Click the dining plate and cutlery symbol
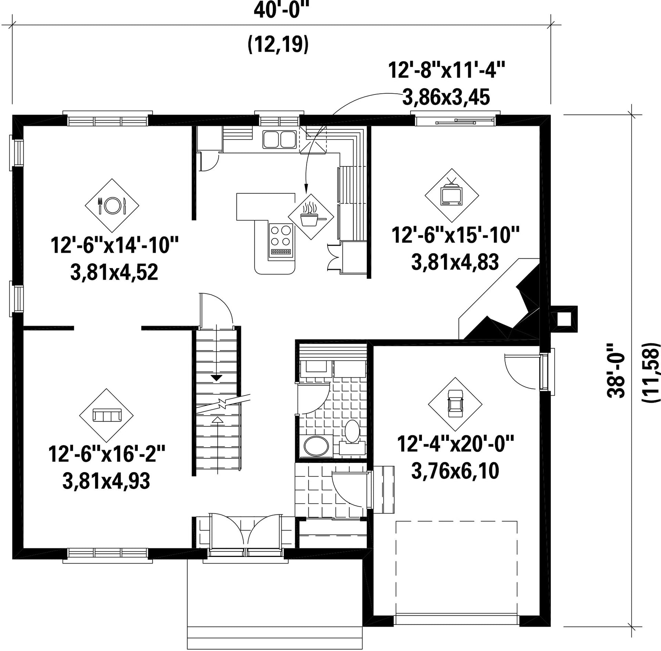click(112, 206)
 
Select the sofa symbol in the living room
click(106, 416)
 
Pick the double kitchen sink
click(279, 139)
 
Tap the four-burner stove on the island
click(281, 240)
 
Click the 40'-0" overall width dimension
click(279, 10)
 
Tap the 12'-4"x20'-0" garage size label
click(455, 444)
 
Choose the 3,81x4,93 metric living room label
click(106, 481)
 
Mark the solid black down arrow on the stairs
click(217, 377)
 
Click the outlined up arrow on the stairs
click(218, 420)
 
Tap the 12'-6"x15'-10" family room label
click(455, 235)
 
